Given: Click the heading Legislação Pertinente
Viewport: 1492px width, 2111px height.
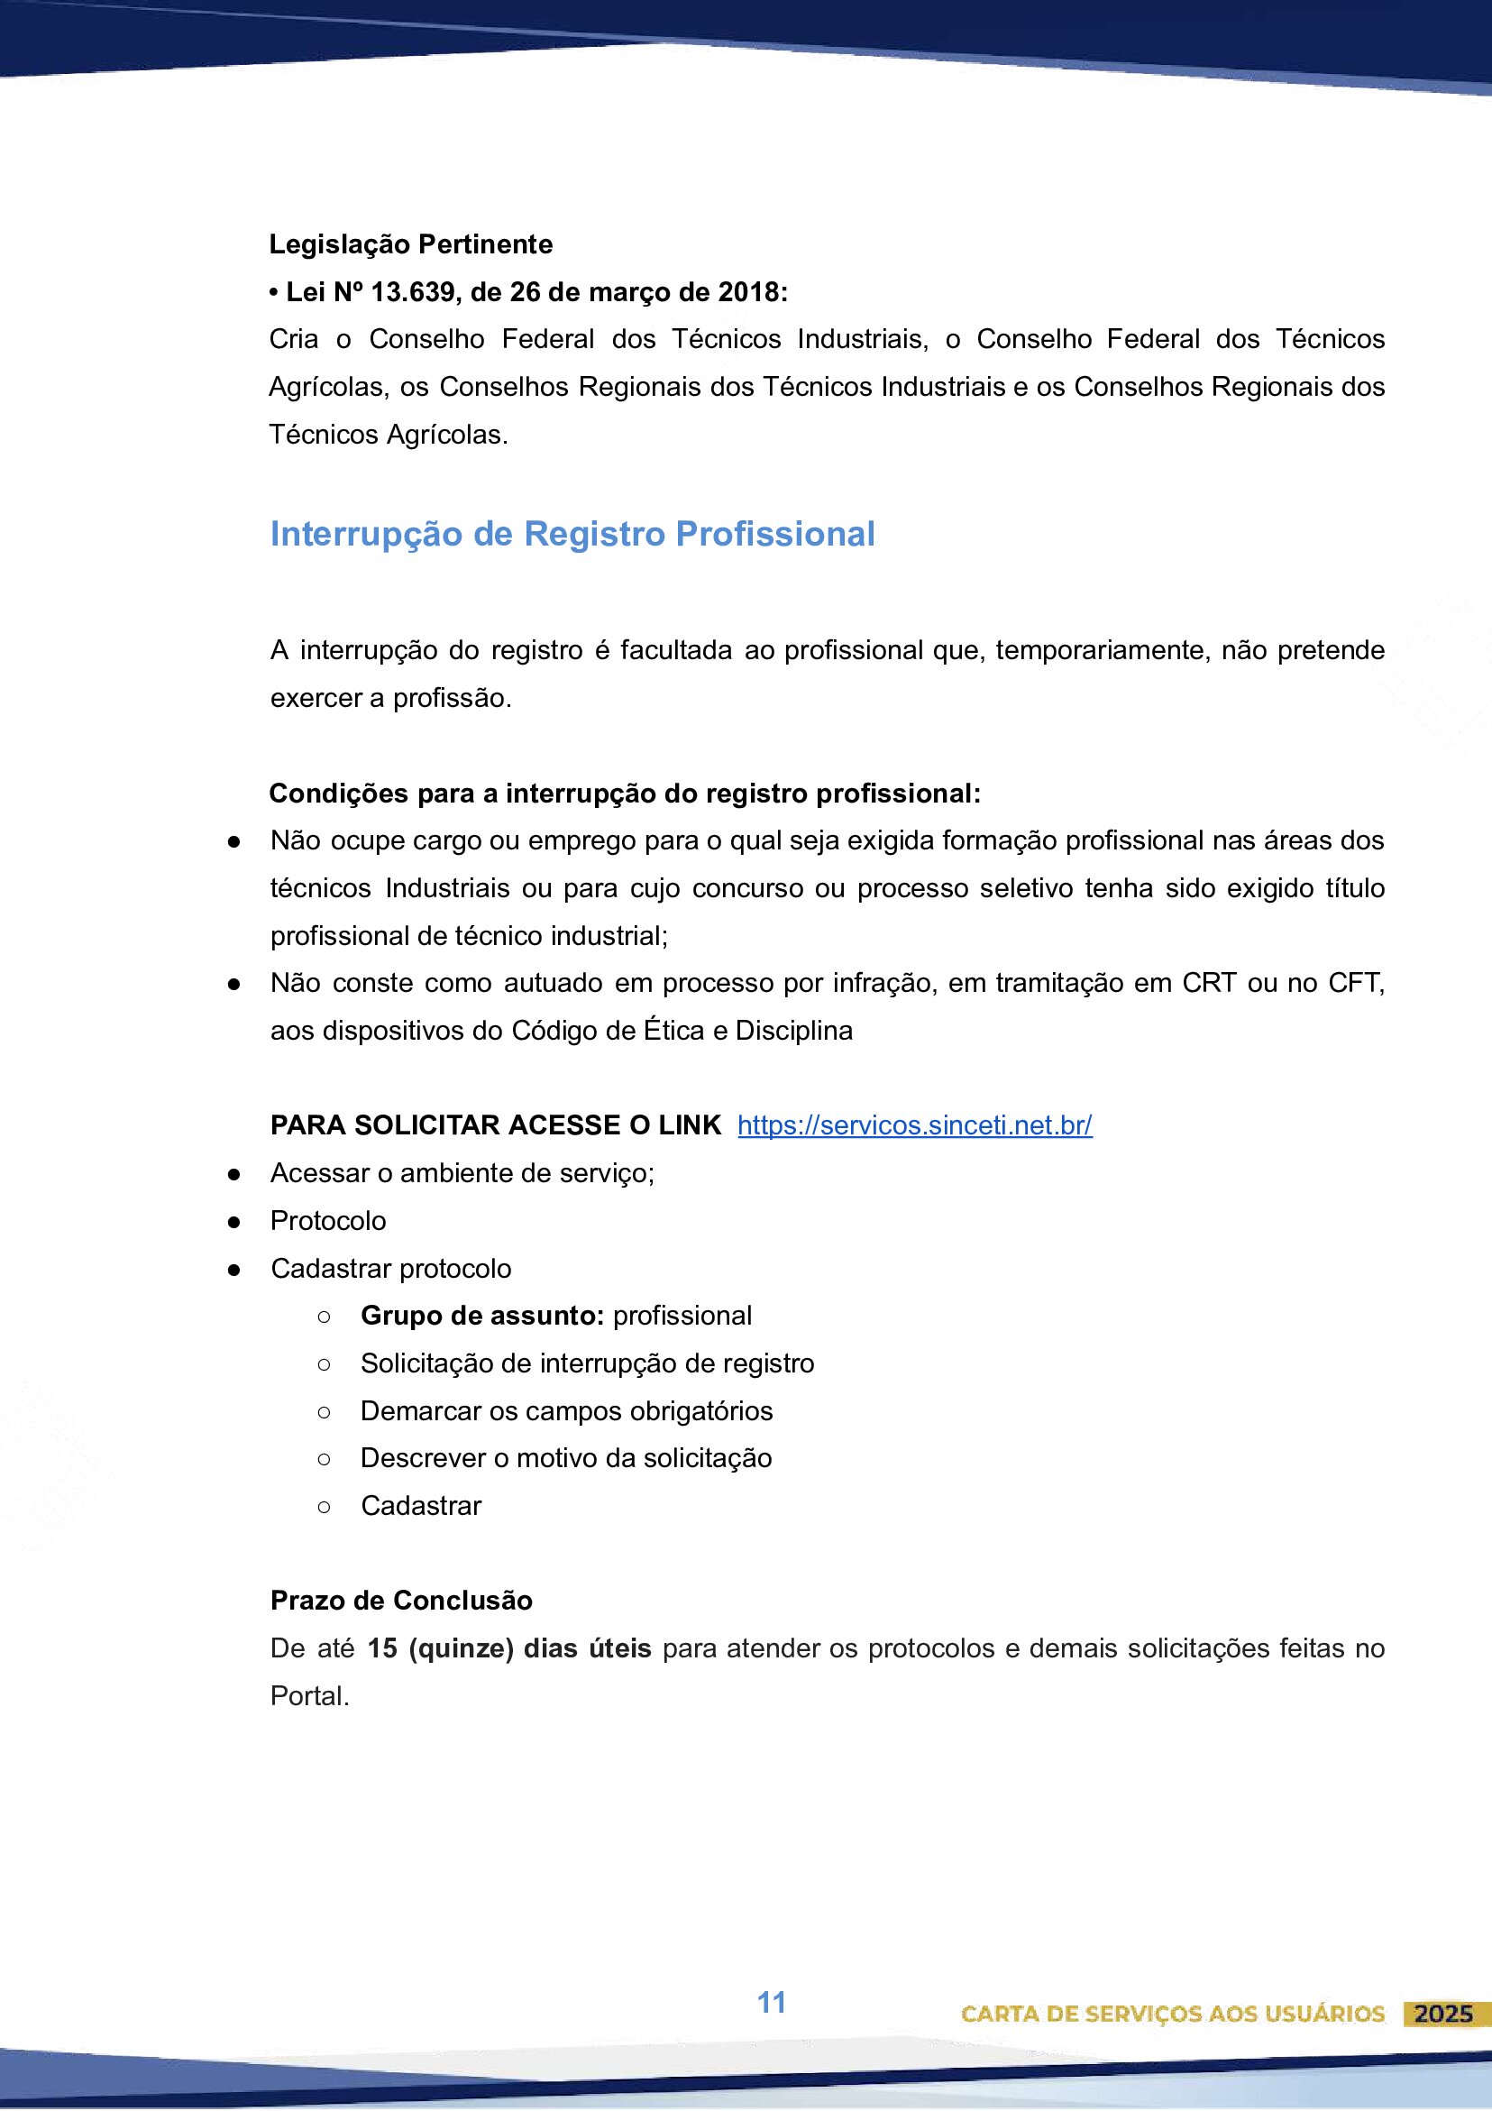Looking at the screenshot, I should (x=410, y=244).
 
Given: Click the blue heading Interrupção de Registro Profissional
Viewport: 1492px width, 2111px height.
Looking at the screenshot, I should (x=572, y=534).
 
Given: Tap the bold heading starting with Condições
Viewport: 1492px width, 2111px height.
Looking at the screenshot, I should (x=624, y=794).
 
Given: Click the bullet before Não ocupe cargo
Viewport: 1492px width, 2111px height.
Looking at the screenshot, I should (x=234, y=841).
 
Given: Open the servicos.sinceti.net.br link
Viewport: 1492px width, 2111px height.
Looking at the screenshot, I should (x=914, y=1125).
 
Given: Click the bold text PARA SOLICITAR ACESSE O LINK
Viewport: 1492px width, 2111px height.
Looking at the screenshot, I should (x=496, y=1125).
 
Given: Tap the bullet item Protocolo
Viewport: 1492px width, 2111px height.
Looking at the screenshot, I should (x=328, y=1221).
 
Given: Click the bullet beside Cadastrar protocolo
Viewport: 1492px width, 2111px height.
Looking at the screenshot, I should (x=234, y=1270).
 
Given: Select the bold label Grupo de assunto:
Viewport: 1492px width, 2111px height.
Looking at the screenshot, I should (x=481, y=1316).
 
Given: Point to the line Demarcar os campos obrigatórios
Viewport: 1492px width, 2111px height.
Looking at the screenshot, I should (x=566, y=1411).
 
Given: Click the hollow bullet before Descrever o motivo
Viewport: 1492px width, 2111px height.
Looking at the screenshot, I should (x=324, y=1459).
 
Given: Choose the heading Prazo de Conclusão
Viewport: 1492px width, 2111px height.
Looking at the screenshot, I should (x=401, y=1601).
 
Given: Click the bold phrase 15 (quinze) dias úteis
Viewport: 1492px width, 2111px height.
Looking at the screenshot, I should (x=509, y=1648).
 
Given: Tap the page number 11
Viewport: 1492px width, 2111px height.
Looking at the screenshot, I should (x=772, y=2002).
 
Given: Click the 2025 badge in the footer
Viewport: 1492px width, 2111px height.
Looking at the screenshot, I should (x=1443, y=2014).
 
